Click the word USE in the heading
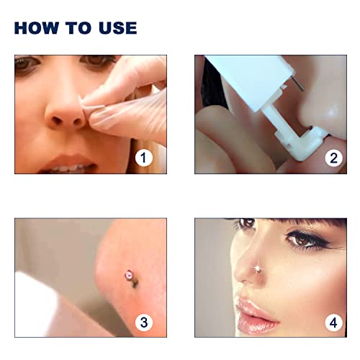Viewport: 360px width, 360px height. [115, 28]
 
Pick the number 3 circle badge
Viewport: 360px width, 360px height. [145, 322]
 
